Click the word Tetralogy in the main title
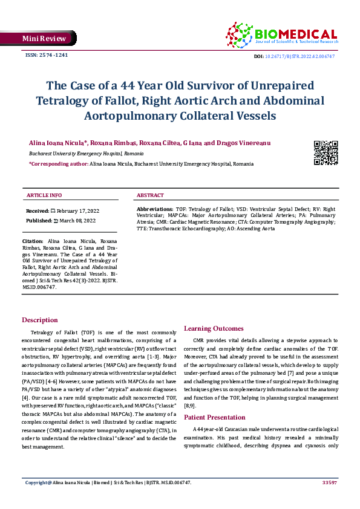[64, 100]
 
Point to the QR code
[325, 152]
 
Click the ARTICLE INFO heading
[44, 196]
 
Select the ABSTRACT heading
[150, 196]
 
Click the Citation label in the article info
[33, 241]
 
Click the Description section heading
[40, 320]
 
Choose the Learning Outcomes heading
[214, 328]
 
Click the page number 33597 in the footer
[329, 482]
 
